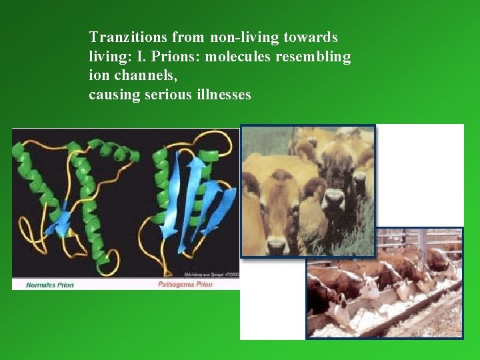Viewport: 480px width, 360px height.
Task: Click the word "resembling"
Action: click(316, 57)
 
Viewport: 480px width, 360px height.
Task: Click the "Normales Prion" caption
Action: click(50, 285)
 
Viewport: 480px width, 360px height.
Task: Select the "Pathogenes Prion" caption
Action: click(185, 285)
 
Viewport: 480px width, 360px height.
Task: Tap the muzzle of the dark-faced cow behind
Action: click(334, 200)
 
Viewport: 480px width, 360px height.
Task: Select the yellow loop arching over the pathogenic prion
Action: click(213, 140)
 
